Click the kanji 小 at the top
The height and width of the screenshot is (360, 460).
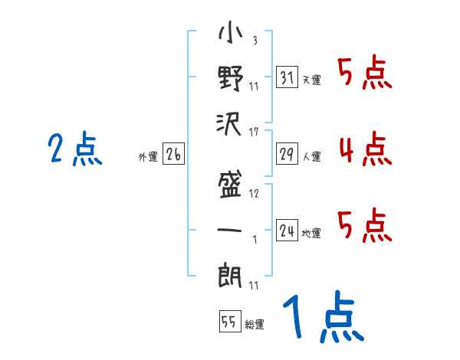click(230, 35)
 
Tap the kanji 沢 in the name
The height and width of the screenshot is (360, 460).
click(230, 123)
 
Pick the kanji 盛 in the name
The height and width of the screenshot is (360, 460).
click(230, 184)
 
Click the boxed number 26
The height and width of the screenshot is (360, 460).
click(173, 154)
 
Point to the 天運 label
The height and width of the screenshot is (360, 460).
click(311, 80)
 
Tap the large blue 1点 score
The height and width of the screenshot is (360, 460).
click(323, 317)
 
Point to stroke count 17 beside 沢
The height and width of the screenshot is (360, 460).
click(253, 133)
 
